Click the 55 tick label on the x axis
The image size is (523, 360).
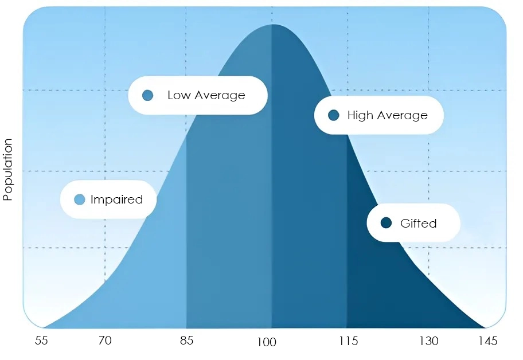[x=41, y=341]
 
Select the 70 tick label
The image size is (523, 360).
[x=104, y=341]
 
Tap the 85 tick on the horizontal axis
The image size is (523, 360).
[x=186, y=341]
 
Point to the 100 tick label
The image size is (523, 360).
[x=267, y=342]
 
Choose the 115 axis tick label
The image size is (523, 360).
[x=348, y=341]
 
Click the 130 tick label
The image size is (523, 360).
[x=428, y=341]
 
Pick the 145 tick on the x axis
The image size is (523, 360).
[x=487, y=341]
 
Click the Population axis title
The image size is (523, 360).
[x=8, y=170]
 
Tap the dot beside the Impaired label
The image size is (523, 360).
[x=80, y=199]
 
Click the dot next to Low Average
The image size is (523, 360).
[x=147, y=95]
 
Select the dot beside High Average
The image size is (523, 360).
[x=334, y=115]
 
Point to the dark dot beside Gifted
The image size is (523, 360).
[x=386, y=223]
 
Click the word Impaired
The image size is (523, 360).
[x=116, y=199]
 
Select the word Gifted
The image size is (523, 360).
[x=418, y=223]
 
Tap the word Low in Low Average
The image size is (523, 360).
[x=178, y=95]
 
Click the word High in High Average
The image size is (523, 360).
[x=360, y=115]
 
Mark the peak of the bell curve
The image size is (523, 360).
[x=272, y=25]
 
